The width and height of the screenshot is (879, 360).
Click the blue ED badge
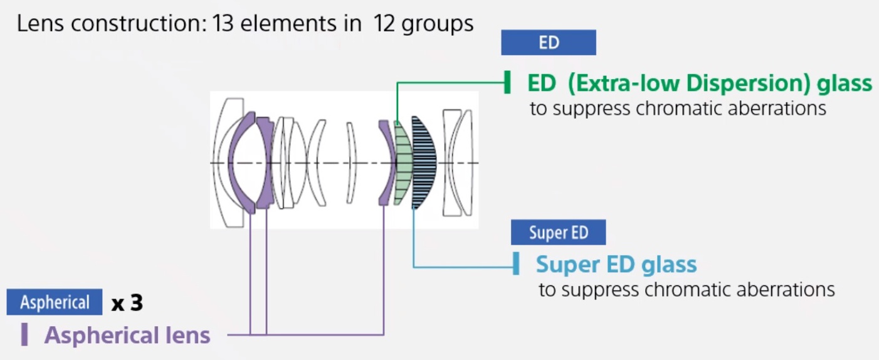coord(548,43)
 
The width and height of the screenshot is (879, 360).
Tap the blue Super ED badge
coord(558,233)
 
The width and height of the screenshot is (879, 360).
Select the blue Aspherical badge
coord(55,303)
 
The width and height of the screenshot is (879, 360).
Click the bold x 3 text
coord(127,304)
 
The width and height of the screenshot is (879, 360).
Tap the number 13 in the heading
coord(222,24)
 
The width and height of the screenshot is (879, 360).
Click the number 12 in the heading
coord(384,24)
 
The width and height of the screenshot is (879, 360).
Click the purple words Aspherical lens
coord(127,336)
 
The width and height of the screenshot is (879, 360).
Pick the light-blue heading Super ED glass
coord(616,264)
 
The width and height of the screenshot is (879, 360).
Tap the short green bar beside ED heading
coord(507,83)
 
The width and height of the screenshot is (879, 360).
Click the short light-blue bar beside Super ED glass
coord(515,264)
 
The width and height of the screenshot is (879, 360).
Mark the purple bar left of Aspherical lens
coord(24,335)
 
